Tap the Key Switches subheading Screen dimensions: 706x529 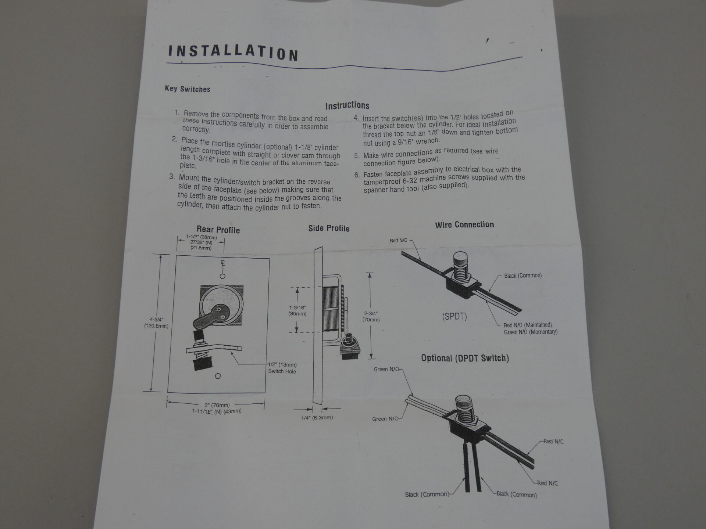click(188, 89)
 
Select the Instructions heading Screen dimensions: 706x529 click(347, 105)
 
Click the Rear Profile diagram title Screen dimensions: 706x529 click(218, 230)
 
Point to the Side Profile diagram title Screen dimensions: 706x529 click(329, 228)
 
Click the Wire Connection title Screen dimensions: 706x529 click(464, 225)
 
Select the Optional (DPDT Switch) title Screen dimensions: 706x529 click(465, 358)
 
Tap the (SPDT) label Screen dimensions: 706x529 click(454, 316)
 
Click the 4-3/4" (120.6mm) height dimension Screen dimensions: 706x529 click(156, 323)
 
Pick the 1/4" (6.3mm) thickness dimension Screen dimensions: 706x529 click(317, 418)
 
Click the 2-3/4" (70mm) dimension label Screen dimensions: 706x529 click(371, 317)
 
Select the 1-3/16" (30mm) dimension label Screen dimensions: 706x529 click(297, 311)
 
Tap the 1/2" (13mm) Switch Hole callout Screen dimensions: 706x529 click(282, 368)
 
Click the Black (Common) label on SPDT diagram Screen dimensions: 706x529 click(523, 276)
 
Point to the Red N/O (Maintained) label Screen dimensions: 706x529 click(528, 325)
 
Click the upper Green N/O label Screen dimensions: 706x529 click(386, 369)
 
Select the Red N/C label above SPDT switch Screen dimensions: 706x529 click(399, 241)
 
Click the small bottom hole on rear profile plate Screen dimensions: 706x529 click(218, 376)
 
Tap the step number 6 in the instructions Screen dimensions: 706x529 click(357, 175)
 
